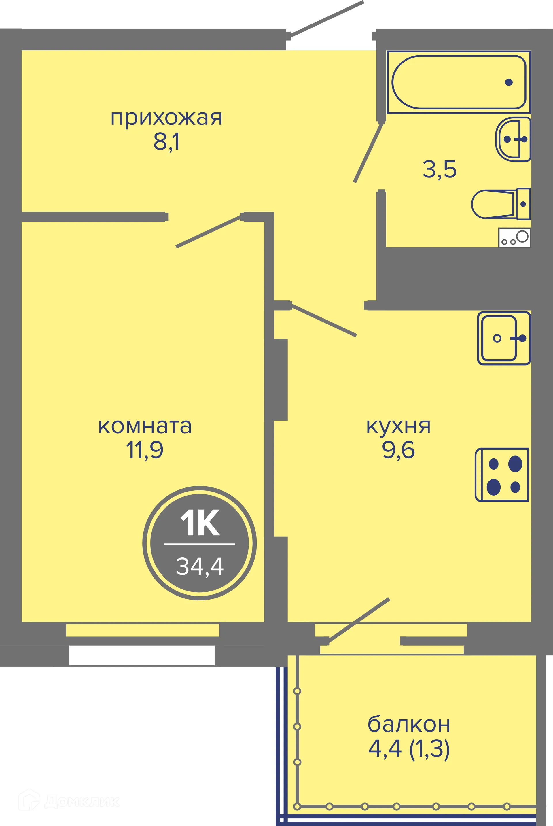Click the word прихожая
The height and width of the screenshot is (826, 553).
tap(166, 118)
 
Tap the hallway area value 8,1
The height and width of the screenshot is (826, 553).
tap(166, 142)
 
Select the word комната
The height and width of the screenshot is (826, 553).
tap(145, 426)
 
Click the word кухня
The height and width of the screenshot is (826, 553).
tap(399, 426)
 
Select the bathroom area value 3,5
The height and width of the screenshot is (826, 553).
tap(440, 169)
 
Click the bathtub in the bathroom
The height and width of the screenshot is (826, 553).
tap(459, 82)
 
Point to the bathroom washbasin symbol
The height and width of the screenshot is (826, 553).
tap(513, 139)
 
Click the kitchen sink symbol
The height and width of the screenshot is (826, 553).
tap(504, 338)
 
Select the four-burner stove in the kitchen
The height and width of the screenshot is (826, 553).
tap(502, 475)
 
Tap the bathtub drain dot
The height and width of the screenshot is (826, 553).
tap(509, 82)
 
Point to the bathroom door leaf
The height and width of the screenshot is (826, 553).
tap(369, 153)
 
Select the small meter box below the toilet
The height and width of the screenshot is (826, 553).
tap(514, 237)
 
